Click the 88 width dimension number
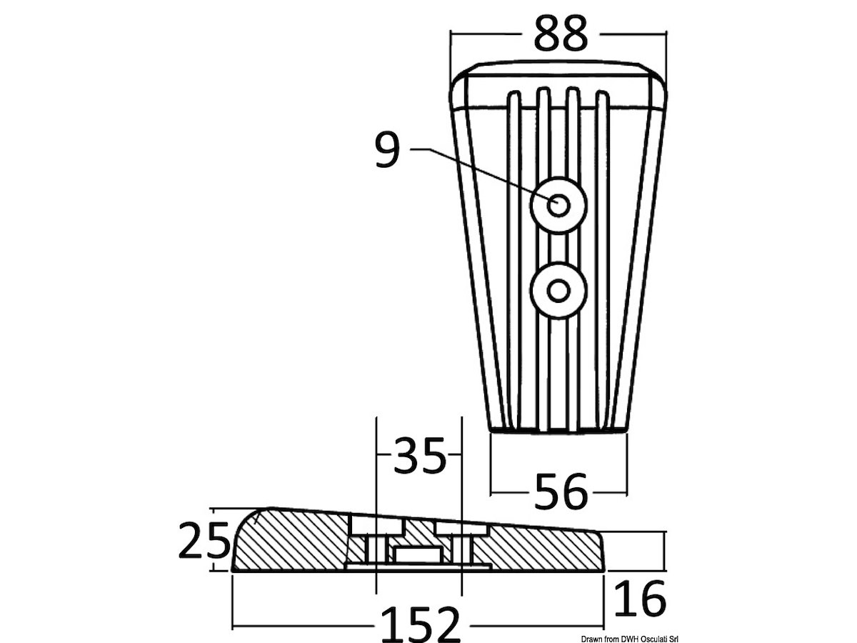click(x=561, y=34)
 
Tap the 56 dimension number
click(x=561, y=491)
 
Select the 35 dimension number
click(x=419, y=455)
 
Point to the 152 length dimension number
click(x=421, y=624)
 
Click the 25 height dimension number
click(x=204, y=540)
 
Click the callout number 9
click(x=387, y=150)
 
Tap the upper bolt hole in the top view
click(x=558, y=205)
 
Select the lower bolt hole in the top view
click(x=558, y=291)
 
